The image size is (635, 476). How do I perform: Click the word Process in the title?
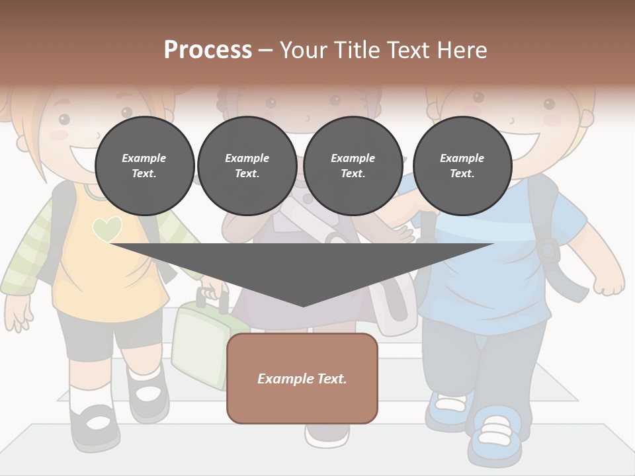208,50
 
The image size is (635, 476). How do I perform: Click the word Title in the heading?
359,50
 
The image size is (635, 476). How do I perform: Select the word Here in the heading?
462,50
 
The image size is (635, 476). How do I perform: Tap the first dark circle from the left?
144,166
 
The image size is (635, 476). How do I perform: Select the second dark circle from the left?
247,166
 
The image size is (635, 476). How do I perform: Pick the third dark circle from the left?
353,166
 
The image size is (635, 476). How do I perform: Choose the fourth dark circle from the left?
462,166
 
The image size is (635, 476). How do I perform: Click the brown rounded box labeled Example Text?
302,378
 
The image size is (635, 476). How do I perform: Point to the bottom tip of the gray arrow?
303,305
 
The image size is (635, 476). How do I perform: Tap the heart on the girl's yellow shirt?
107,229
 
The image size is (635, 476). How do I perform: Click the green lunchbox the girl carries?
198,344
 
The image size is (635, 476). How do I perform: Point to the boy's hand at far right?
609,284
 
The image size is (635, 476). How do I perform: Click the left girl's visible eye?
63,120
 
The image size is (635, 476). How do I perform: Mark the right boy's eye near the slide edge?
549,104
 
